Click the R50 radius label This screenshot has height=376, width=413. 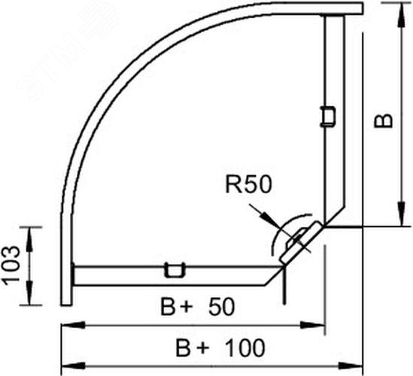coord(247,184)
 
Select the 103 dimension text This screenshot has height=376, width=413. coord(11,265)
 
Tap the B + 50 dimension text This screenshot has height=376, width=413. coord(197,307)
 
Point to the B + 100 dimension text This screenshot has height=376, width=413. coord(220,347)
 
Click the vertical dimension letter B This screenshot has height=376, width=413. coord(383,120)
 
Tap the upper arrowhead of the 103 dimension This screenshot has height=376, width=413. coord(29,238)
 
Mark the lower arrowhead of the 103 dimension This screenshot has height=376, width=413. coord(29,293)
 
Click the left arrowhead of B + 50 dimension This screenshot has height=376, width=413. coord(73,325)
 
